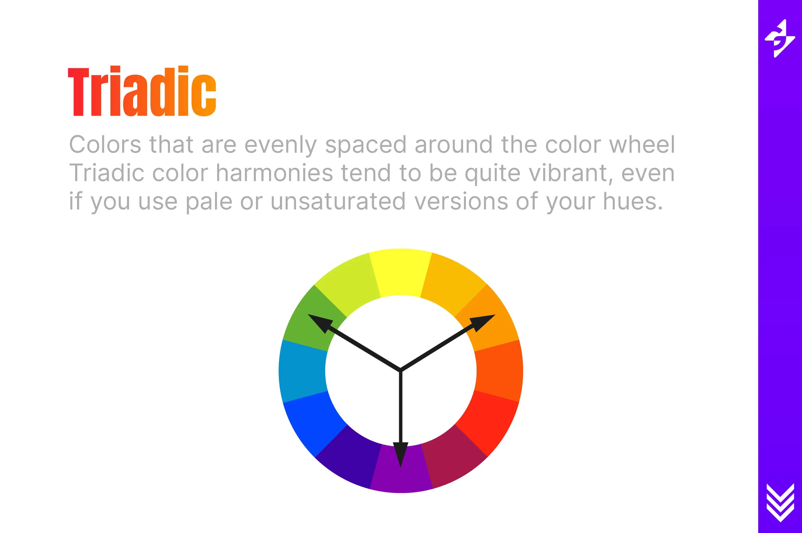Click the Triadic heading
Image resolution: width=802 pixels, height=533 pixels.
[142, 91]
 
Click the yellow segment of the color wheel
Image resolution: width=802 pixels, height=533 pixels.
[400, 272]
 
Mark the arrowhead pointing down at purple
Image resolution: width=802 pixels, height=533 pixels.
[401, 454]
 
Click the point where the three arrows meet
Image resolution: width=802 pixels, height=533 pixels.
[401, 370]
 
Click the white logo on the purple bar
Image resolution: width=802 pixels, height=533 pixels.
[779, 39]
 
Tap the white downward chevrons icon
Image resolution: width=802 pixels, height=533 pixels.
[780, 502]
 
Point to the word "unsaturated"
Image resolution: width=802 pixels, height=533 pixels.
[338, 201]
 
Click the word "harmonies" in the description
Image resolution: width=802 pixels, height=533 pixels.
[274, 173]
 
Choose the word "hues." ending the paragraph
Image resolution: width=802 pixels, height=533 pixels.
[633, 201]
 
